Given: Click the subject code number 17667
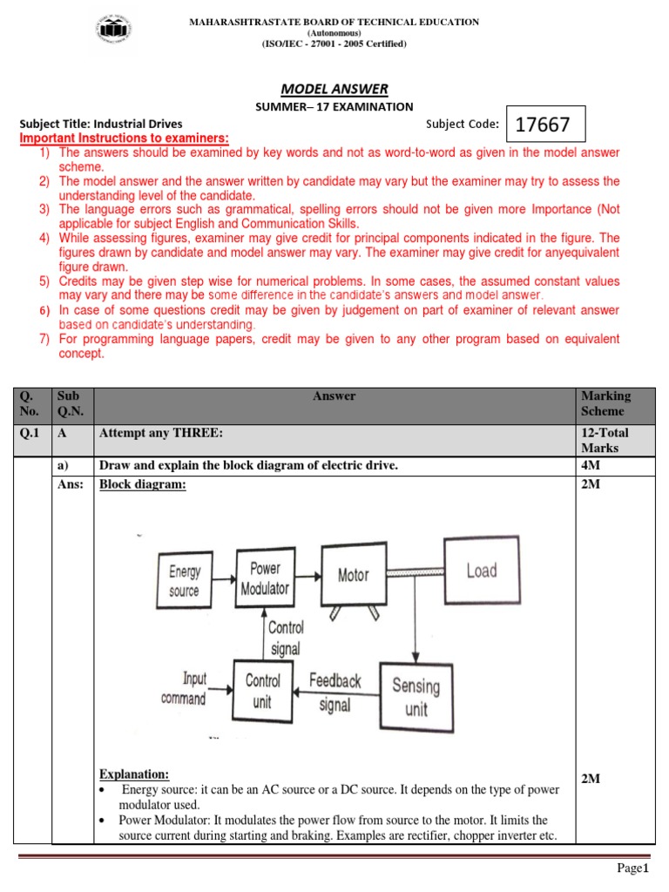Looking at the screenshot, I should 543,125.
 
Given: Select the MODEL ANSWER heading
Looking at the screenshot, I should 334,89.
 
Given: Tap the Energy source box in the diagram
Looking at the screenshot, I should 184,581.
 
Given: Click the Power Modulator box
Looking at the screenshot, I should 265,578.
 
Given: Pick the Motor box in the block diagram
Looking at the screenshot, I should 353,575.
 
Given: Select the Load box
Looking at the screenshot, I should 481,571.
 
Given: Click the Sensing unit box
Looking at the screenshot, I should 416,696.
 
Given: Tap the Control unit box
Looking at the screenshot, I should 262,690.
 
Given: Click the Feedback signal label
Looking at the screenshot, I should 335,692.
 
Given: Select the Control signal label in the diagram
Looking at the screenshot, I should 285,638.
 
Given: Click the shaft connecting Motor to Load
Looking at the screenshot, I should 414,572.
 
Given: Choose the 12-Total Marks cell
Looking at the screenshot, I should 604,440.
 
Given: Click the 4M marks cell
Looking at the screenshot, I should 590,466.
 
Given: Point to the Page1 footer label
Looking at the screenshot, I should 633,869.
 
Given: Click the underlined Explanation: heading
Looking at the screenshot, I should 134,774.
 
